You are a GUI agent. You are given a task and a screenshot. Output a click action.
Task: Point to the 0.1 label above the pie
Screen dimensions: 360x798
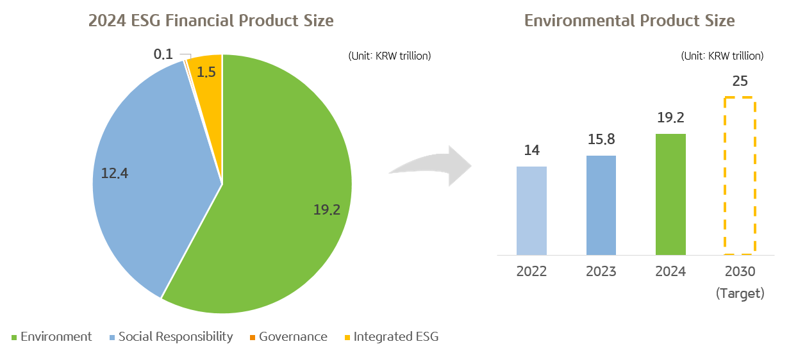[163, 54]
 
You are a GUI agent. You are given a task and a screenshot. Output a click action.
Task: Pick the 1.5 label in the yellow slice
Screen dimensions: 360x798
[206, 72]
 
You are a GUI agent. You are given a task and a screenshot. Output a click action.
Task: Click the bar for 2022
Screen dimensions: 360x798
[531, 210]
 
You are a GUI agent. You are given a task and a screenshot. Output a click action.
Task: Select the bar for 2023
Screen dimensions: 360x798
[601, 205]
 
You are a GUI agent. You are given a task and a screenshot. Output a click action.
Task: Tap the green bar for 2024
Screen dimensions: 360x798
[670, 194]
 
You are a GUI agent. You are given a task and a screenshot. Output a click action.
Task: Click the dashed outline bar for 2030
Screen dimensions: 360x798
[740, 176]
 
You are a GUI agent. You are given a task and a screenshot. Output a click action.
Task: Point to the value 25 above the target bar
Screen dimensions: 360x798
[740, 82]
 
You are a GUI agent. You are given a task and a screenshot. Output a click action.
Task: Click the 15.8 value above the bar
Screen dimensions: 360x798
[601, 140]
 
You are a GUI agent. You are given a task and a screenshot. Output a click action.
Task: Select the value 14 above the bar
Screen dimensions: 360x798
[531, 151]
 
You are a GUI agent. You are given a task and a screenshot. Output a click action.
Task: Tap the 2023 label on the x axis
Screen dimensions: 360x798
[601, 272]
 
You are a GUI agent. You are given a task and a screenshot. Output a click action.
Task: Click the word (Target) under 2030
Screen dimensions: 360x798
[740, 293]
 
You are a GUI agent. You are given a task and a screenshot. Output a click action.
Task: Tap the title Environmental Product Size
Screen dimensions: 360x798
[629, 20]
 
